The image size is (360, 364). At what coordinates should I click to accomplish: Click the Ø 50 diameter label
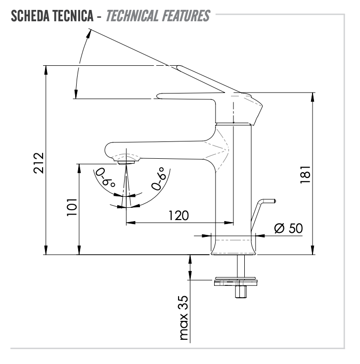click(288, 228)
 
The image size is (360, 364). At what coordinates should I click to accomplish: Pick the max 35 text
click(184, 317)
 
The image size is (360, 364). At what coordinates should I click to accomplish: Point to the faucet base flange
click(234, 245)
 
